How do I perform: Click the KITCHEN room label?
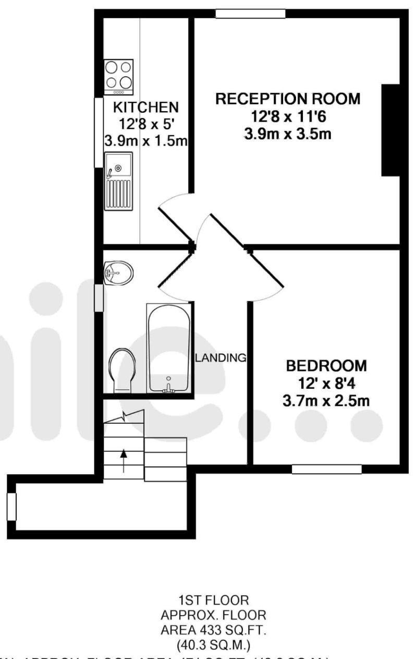coord(146,107)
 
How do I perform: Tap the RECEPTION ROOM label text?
coord(288,99)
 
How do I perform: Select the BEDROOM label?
coord(326,365)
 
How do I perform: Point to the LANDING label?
coord(220,358)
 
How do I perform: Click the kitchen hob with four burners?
coord(119,77)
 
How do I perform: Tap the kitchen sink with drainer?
coord(118,181)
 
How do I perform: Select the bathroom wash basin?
coord(118,272)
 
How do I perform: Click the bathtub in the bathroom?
coord(168,348)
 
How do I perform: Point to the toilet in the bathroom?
coord(122,369)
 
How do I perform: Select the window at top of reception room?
coord(251,14)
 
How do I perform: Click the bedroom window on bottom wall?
coord(326,469)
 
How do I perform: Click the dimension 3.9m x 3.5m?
coord(288,134)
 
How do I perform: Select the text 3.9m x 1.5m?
coord(146,141)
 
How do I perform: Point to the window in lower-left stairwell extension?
coord(11,506)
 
